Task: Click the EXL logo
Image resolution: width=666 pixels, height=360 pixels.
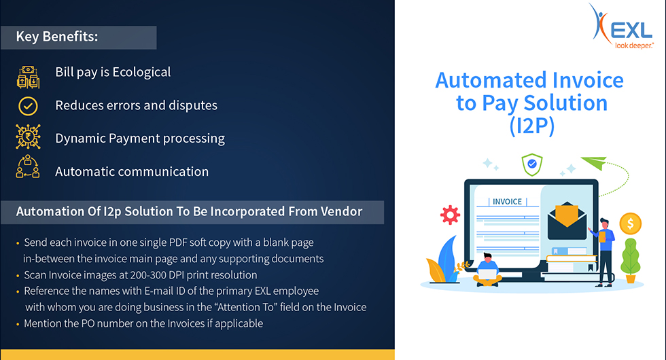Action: tap(621, 26)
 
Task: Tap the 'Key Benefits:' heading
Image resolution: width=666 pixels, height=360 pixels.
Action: tap(57, 37)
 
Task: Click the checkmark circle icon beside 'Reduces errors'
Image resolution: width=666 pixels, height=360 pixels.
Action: tap(28, 106)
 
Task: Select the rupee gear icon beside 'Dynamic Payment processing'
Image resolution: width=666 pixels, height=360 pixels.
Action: tap(28, 137)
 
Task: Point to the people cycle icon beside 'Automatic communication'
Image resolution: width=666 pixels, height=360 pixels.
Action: tap(28, 166)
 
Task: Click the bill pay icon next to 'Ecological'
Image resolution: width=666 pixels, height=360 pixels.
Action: tap(28, 77)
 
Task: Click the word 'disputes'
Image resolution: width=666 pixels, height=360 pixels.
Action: tap(193, 105)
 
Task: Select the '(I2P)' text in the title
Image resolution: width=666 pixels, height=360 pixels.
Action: tap(531, 126)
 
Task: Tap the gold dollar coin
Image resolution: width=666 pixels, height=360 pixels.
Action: tap(631, 223)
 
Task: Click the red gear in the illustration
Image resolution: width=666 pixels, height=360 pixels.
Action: tap(450, 215)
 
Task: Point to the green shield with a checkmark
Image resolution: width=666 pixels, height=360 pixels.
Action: tap(531, 164)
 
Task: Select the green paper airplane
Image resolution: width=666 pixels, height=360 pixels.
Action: tap(594, 162)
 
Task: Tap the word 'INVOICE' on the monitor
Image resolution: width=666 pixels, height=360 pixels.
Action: tap(507, 202)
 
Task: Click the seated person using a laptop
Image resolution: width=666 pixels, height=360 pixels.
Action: tap(488, 270)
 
